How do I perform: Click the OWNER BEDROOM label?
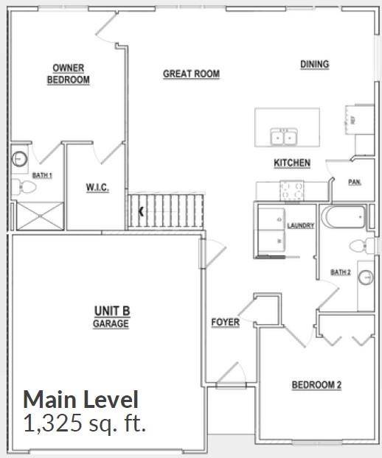(x=68, y=74)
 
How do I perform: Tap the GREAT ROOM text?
(x=191, y=74)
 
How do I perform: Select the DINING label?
(x=314, y=65)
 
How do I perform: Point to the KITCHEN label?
(x=292, y=163)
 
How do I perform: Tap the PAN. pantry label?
(x=354, y=182)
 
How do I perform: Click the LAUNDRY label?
(x=301, y=225)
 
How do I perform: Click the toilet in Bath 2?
(x=358, y=245)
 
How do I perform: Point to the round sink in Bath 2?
(x=366, y=277)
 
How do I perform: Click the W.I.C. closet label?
(x=97, y=189)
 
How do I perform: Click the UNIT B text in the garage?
(x=111, y=311)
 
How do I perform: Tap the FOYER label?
(x=225, y=323)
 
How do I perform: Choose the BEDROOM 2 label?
(x=316, y=384)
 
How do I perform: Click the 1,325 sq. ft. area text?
(x=85, y=424)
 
